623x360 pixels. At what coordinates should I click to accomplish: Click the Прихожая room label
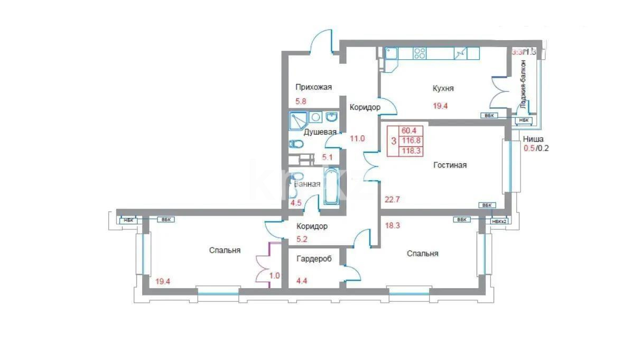[x=313, y=88]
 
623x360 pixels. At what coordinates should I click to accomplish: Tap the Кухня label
[x=443, y=89]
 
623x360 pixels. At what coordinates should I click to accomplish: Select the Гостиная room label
[x=450, y=165]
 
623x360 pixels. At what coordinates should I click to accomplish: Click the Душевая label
[x=320, y=132]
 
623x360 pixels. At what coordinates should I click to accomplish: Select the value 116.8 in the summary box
[x=411, y=141]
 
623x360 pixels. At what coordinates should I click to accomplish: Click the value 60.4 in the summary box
[x=410, y=131]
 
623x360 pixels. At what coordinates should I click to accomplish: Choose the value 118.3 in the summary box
[x=411, y=151]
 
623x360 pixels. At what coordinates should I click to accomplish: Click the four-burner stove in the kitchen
[x=420, y=53]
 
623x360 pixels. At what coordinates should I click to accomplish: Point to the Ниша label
[x=533, y=140]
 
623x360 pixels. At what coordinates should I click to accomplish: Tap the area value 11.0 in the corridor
[x=357, y=139]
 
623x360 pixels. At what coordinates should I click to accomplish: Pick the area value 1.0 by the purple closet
[x=274, y=275]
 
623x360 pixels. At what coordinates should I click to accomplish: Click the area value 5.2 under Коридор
[x=302, y=239]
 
